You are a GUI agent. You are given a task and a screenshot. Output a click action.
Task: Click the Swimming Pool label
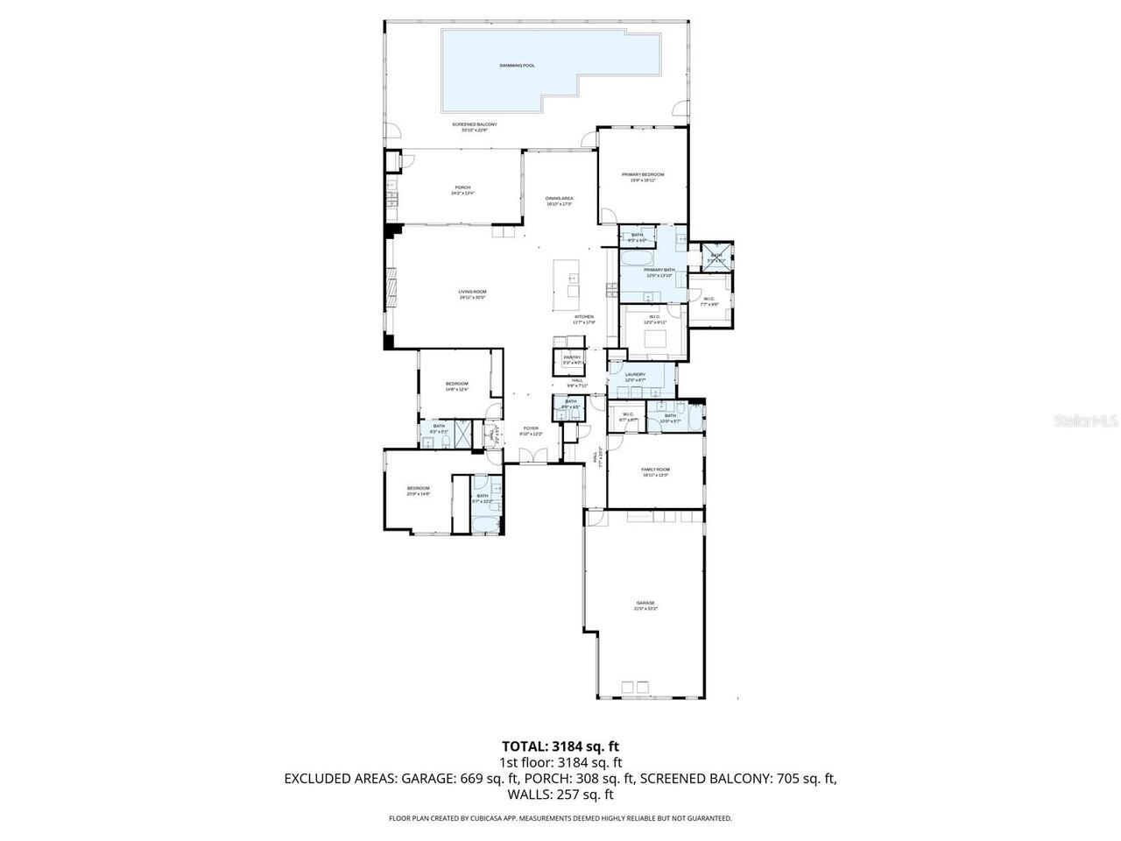point(517,66)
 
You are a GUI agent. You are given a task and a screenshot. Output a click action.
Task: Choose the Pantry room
point(572,359)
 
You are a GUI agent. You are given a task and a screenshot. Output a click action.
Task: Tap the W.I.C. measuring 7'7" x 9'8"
point(709,301)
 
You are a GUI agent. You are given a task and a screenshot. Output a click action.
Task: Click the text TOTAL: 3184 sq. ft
point(560,746)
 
